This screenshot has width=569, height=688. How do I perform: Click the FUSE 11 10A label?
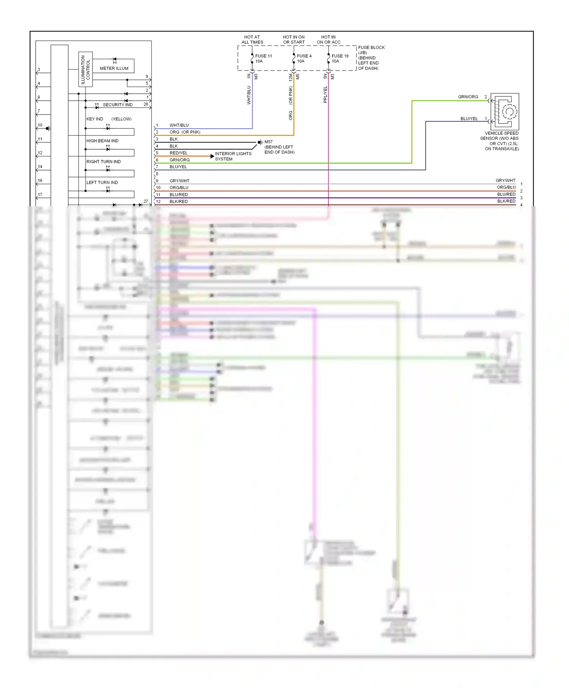pos(263,58)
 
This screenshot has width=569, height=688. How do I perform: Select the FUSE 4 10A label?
pos(304,58)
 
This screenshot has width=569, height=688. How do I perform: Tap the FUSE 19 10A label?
pos(340,58)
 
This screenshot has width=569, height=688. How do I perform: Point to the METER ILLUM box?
pos(113,66)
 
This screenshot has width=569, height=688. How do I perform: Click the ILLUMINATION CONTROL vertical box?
pos(85,69)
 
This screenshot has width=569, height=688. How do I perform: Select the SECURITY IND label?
pos(118,105)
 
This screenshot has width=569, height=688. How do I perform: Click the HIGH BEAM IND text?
pos(102,141)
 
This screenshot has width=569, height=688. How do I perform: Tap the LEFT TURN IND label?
pos(102,183)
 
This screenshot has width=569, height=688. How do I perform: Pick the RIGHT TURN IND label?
pos(104,162)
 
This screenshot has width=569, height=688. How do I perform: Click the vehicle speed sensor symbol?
pos(505,112)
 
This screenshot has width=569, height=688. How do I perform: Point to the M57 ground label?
pos(269,142)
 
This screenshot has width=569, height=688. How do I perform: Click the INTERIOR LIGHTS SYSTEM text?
pos(233,156)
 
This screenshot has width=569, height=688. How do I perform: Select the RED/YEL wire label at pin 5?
pos(178,153)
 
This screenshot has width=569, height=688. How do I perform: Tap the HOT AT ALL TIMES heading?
pos(252,40)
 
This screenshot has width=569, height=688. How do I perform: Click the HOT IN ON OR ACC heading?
pos(329,40)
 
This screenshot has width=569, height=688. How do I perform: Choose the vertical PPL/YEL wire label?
pos(325,95)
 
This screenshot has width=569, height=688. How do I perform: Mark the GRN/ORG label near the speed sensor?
pos(468,97)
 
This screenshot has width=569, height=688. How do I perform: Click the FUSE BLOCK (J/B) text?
pos(371,50)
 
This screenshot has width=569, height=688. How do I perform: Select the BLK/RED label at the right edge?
pos(506,201)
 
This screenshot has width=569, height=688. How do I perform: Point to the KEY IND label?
pos(94,119)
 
